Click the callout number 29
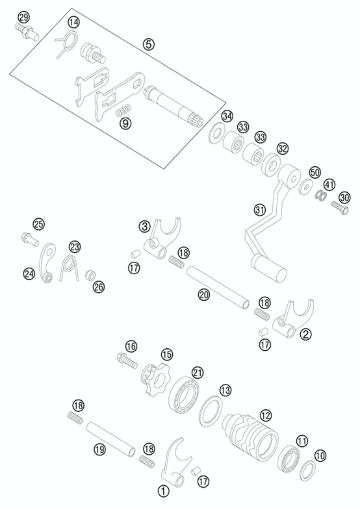pos(23,16)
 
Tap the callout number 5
pos(148,44)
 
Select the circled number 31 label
pos(259,210)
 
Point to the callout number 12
pos(265,415)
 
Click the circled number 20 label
pos(205,294)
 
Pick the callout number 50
pos(315,172)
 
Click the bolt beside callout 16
pos(127,361)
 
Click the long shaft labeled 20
pos(218,287)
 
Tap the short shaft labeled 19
pos(111,439)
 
